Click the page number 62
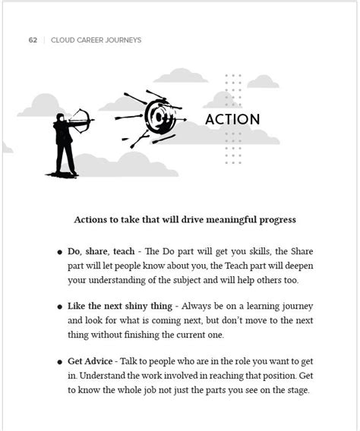pos(33,40)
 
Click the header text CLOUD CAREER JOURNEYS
pos(96,40)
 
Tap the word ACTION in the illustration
pos(232,120)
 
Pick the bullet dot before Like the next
pos(59,307)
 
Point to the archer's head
pos(60,117)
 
